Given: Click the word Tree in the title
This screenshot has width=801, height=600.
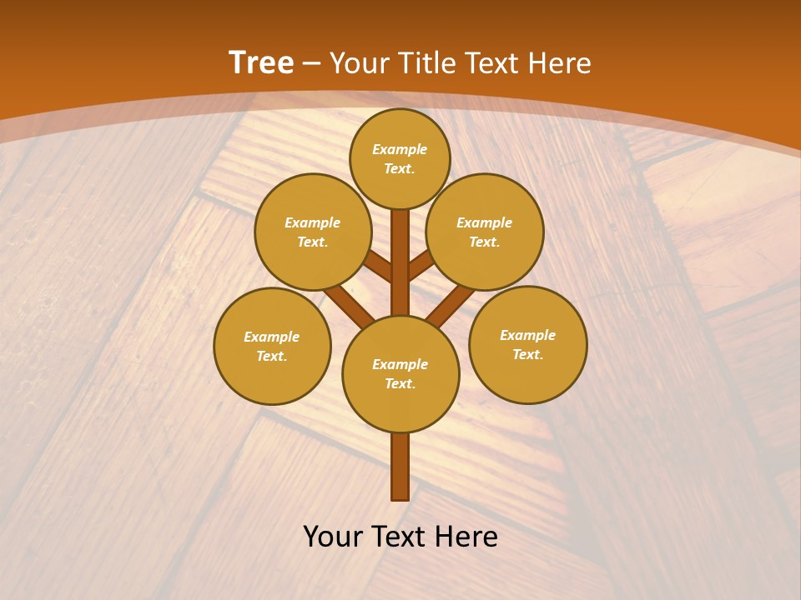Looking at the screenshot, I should click(x=261, y=63).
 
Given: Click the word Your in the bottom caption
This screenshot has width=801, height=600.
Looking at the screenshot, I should click(x=334, y=537).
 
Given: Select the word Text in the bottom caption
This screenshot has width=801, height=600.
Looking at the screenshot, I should click(x=400, y=537).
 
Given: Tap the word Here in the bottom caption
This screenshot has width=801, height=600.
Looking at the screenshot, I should click(x=468, y=537).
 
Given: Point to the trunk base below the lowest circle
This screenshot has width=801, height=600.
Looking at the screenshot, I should click(x=400, y=467).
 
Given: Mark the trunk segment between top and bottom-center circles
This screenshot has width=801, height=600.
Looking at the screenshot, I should click(x=400, y=262).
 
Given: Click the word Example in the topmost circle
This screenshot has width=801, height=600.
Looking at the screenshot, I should click(x=400, y=150).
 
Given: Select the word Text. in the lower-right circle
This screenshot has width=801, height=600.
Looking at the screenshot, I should click(x=527, y=355).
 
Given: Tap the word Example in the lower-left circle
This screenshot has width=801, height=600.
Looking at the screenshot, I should click(x=272, y=337).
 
